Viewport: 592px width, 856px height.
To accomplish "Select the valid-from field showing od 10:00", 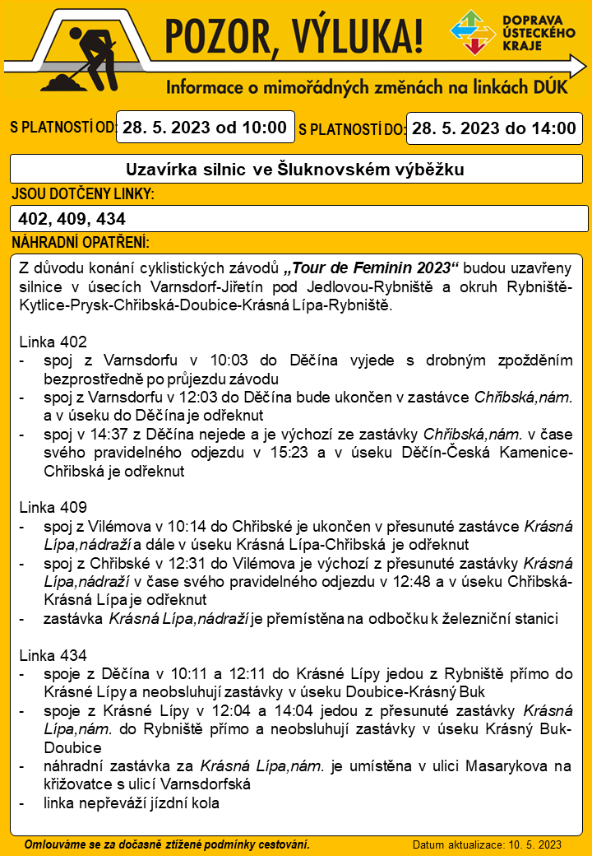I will [204, 128].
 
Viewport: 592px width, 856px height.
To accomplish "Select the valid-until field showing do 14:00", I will [493, 128].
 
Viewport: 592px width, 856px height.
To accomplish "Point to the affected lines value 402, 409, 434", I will [72, 219].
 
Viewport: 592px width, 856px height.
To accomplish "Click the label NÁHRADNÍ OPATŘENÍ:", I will [81, 244].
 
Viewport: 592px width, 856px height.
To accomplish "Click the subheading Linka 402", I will [52, 341].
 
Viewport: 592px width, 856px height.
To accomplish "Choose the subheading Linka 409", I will [52, 507].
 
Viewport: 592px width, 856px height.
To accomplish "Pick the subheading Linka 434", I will [52, 655].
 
